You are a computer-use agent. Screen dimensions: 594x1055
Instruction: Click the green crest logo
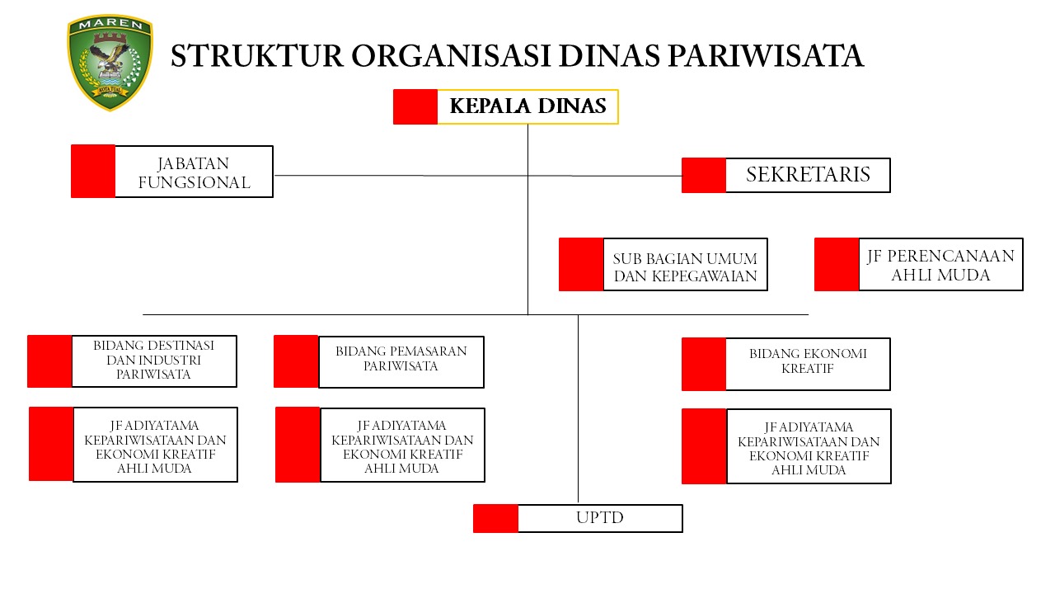(110, 63)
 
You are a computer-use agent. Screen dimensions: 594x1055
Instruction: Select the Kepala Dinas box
(527, 106)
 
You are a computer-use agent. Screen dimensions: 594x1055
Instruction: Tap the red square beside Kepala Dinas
(415, 106)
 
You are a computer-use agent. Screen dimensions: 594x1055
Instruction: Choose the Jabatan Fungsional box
(194, 172)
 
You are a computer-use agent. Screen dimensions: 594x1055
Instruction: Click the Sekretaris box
(808, 175)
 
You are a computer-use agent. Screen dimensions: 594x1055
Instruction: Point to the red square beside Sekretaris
(704, 175)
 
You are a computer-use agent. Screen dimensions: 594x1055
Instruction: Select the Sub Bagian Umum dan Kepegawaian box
(685, 265)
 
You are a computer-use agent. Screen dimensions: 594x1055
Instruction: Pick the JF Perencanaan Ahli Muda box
(940, 265)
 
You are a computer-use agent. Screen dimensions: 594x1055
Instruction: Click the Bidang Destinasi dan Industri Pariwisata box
(154, 361)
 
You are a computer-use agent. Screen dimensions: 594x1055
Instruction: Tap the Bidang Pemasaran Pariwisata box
(401, 361)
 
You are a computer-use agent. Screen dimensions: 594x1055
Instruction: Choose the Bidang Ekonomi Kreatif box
(808, 364)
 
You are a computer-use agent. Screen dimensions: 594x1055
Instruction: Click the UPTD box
(600, 518)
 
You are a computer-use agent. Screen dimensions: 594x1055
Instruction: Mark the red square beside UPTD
(495, 518)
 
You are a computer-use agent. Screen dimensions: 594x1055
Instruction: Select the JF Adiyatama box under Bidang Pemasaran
(402, 445)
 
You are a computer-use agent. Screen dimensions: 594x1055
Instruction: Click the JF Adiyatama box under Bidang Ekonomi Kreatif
(809, 446)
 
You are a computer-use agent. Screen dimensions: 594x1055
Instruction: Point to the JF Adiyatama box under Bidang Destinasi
(155, 445)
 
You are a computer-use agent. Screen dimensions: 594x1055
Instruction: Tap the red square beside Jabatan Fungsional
(93, 172)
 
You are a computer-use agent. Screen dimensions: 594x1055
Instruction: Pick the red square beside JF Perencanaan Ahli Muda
(837, 265)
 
